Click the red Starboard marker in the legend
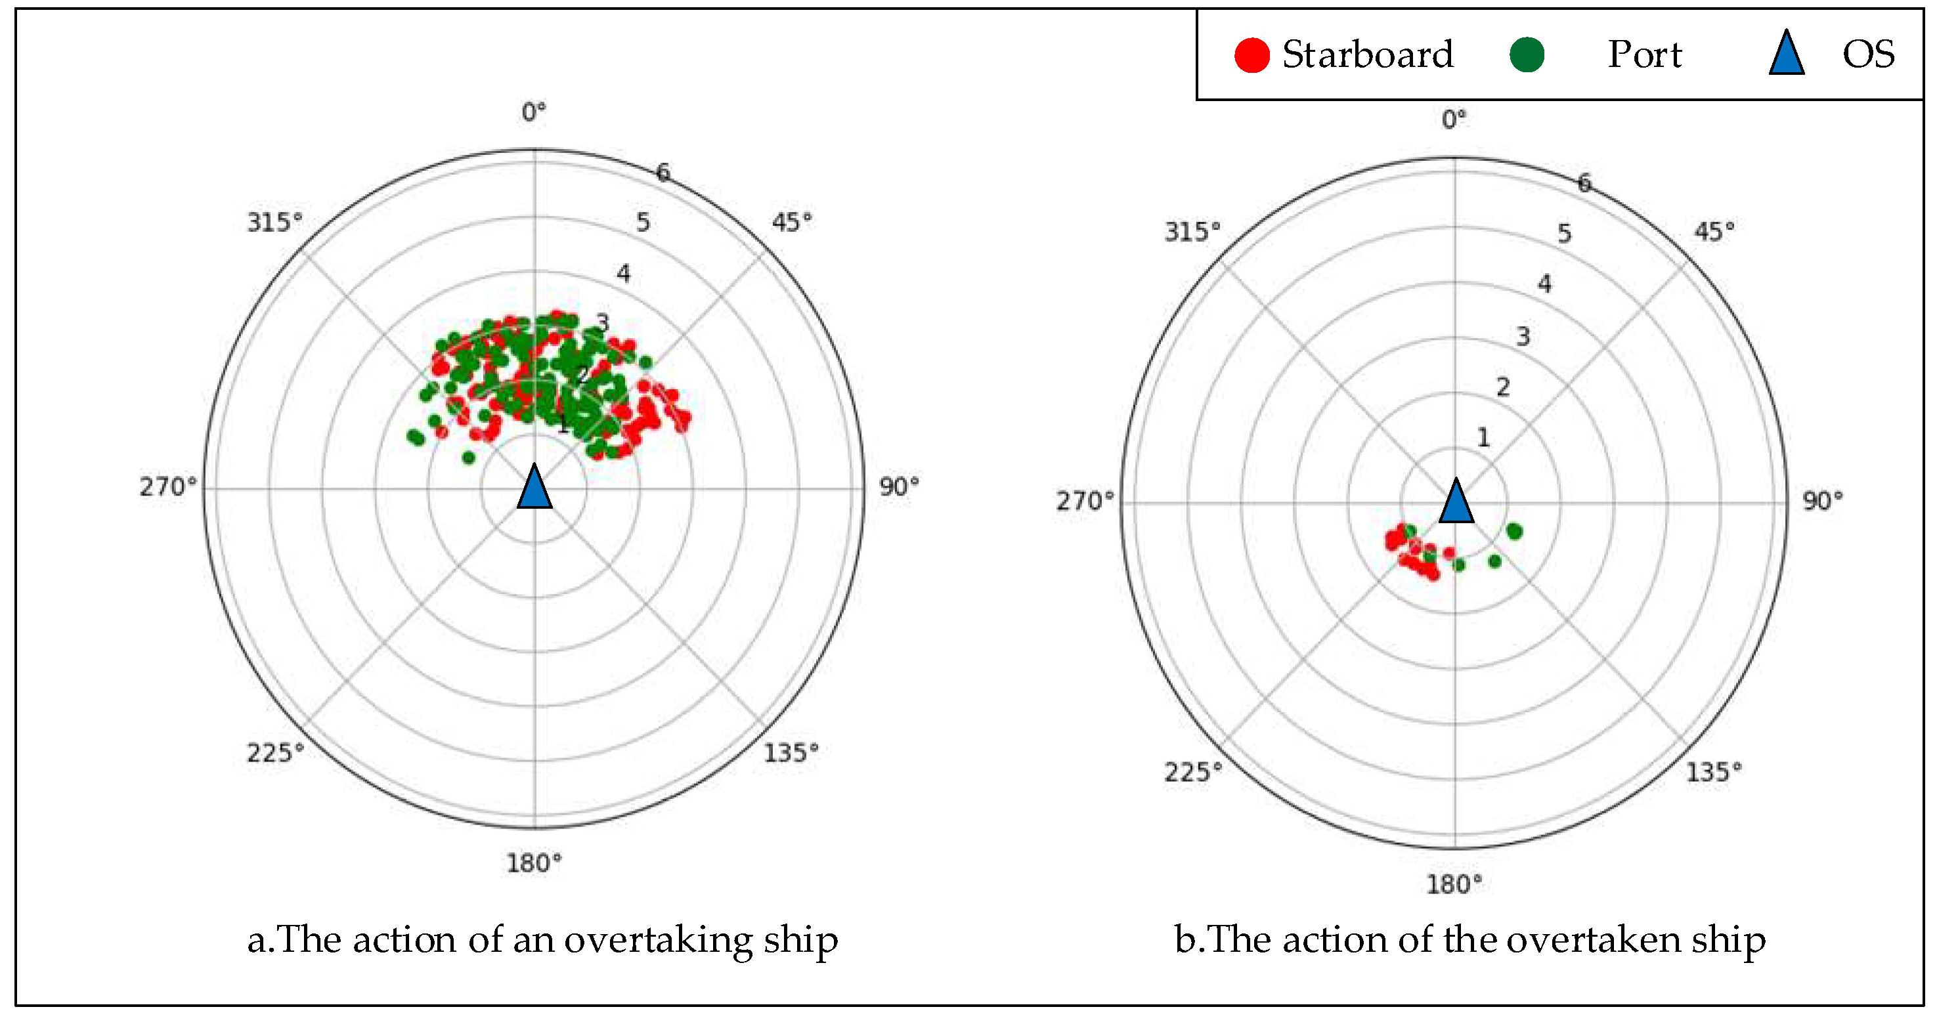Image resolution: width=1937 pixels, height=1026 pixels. click(x=1252, y=55)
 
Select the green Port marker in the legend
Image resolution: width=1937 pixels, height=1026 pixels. click(x=1527, y=55)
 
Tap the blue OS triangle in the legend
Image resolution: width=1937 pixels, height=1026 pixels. click(x=1786, y=54)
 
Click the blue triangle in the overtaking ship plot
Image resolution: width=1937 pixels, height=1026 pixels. click(x=534, y=487)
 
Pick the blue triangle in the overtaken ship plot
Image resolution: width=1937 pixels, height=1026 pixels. click(x=1456, y=502)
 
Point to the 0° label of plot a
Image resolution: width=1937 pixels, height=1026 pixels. click(x=534, y=113)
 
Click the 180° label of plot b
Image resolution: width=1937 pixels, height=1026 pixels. click(x=1454, y=884)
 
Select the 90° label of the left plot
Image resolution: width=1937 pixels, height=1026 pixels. click(x=900, y=486)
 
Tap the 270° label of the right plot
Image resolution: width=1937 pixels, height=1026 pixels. click(x=1084, y=501)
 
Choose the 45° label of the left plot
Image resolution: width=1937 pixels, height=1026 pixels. click(x=792, y=223)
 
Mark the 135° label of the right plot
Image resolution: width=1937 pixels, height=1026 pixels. click(x=1714, y=772)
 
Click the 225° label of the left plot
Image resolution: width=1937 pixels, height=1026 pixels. click(x=275, y=752)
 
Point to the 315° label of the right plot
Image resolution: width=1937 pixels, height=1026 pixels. click(x=1192, y=232)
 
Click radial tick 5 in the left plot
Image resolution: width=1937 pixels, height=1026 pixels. click(x=643, y=223)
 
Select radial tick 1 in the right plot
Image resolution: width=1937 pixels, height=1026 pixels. click(x=1483, y=437)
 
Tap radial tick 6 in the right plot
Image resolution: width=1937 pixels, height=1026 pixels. click(x=1584, y=182)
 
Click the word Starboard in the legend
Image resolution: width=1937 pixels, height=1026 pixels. click(x=1368, y=55)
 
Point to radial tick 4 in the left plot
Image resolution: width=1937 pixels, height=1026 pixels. click(x=623, y=274)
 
